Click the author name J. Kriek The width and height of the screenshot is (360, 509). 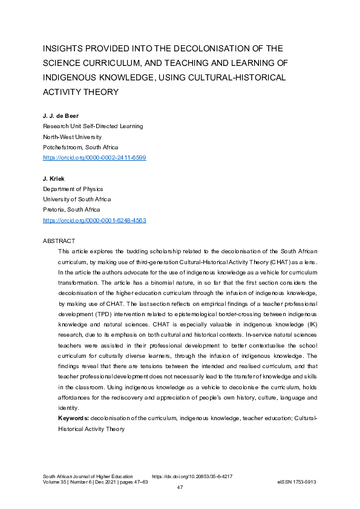[54, 178]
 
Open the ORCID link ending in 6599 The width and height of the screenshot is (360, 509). [94, 158]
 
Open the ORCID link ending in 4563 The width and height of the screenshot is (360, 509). [94, 221]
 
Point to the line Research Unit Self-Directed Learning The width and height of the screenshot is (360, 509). [93, 126]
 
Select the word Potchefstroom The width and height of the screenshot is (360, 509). [62, 147]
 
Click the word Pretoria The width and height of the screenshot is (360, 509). [54, 210]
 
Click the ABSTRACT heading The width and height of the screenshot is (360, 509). [59, 241]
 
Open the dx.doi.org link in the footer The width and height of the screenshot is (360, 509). [192, 476]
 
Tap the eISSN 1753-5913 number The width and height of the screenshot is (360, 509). [296, 482]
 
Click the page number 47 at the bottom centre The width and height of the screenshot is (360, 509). [180, 488]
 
